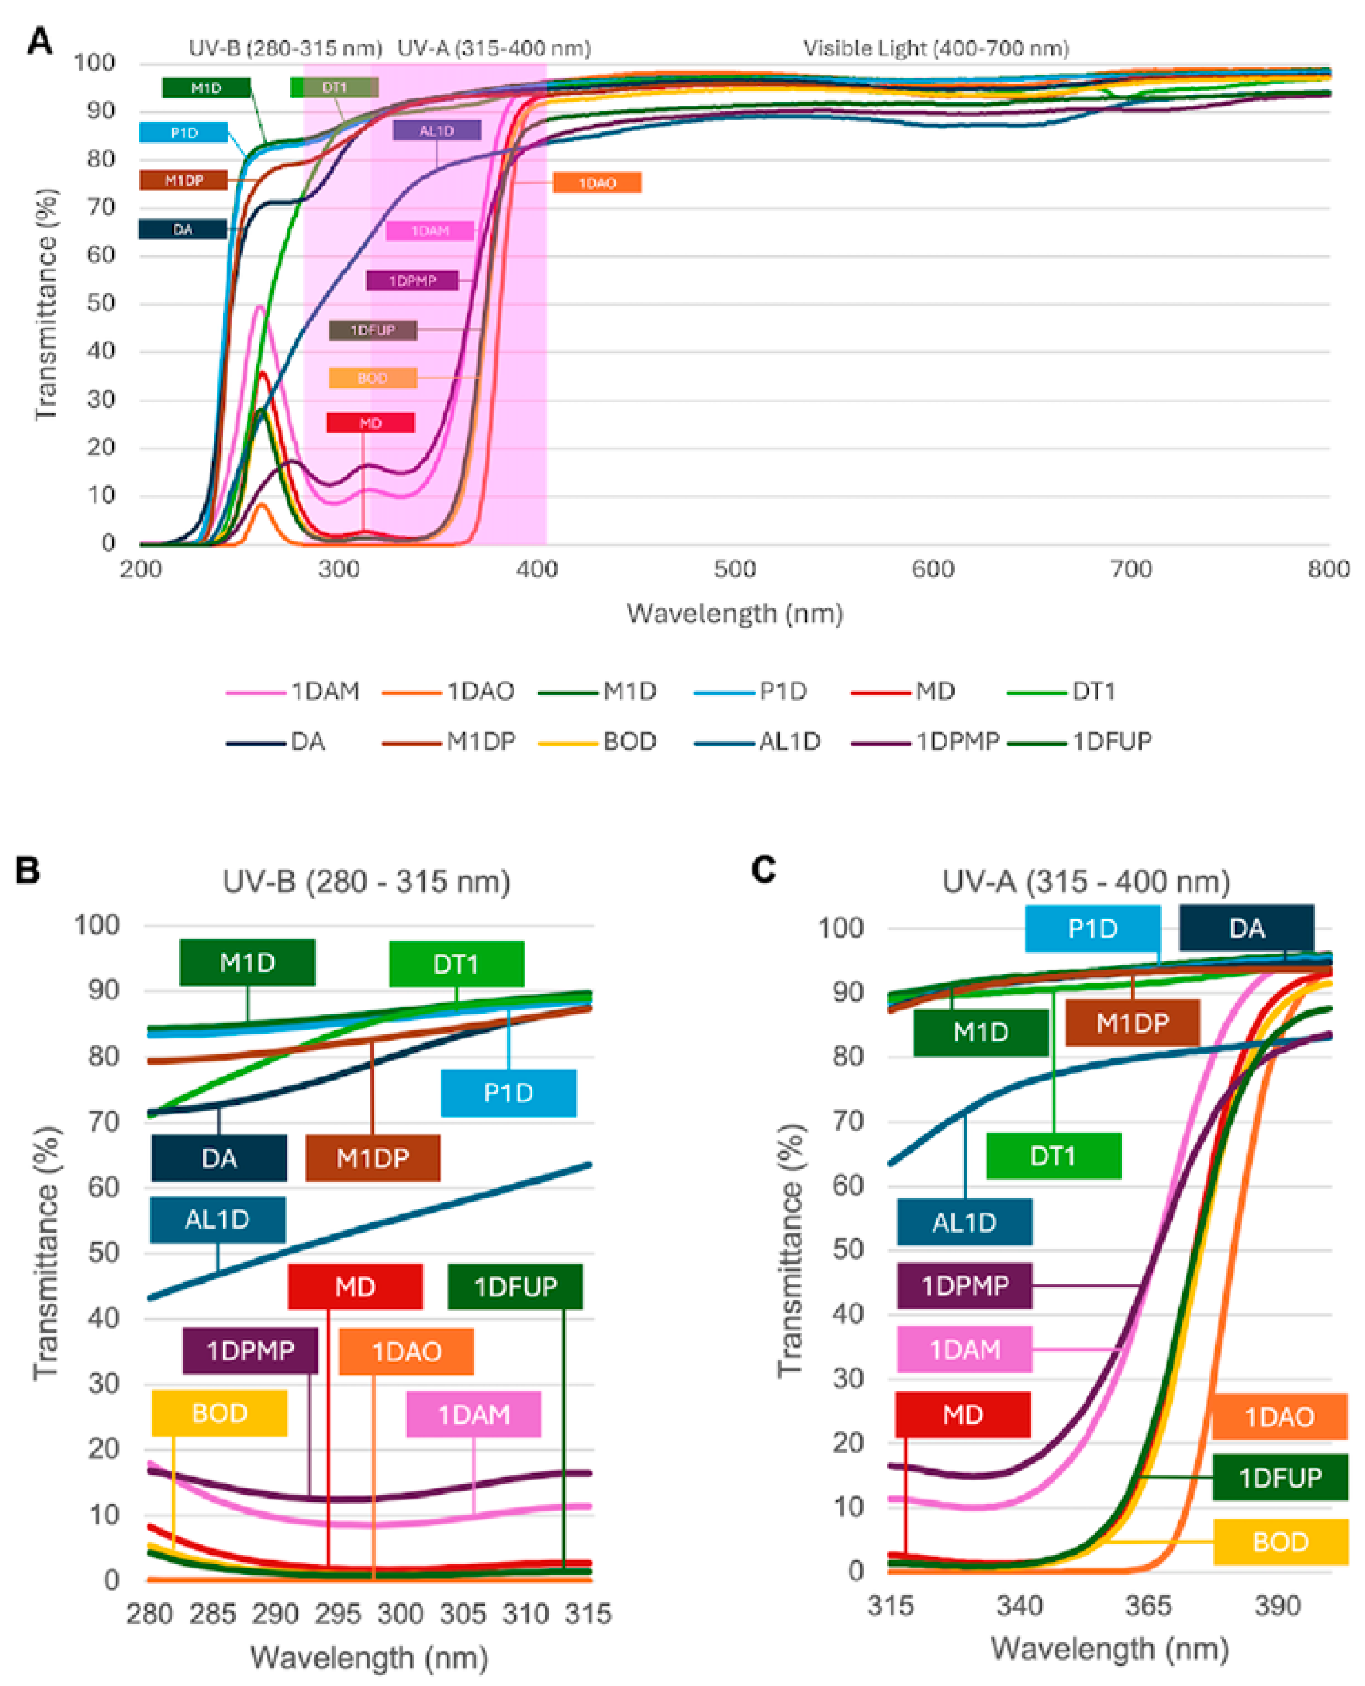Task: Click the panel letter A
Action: point(39,40)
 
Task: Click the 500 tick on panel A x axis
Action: point(734,569)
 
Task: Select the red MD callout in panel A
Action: point(370,423)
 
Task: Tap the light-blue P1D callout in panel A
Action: point(184,133)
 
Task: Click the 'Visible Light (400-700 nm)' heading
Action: point(936,49)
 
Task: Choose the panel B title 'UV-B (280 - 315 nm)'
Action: point(366,882)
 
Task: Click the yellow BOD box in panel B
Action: point(220,1413)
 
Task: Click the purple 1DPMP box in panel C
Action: point(964,1286)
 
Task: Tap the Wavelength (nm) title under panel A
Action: point(734,613)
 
